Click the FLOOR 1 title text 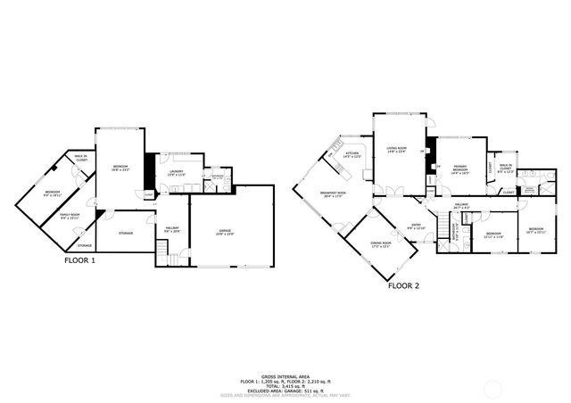pos(79,260)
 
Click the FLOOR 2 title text pos(403,286)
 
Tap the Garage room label pos(225,232)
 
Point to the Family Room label pos(70,217)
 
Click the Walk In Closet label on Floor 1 pos(81,161)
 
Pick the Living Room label pos(396,149)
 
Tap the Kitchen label pos(352,155)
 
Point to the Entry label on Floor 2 pos(416,226)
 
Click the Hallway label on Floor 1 pos(172,229)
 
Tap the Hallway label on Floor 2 pos(461,206)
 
